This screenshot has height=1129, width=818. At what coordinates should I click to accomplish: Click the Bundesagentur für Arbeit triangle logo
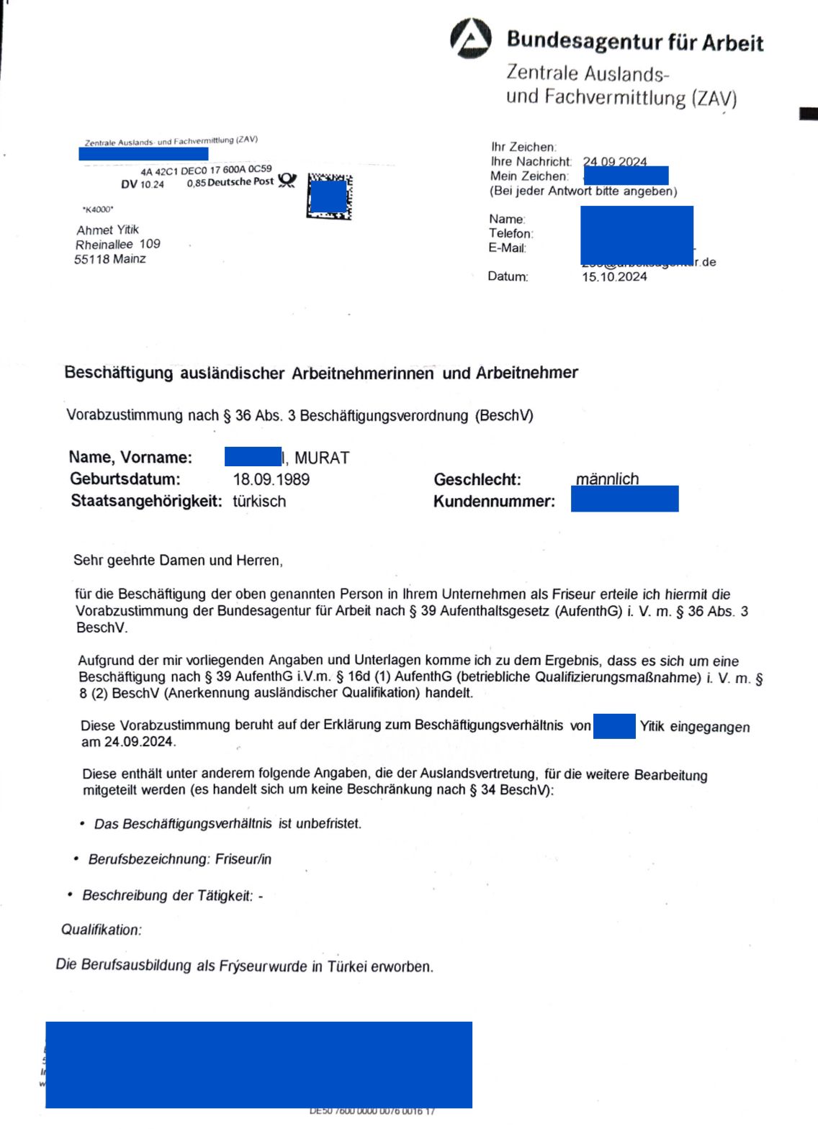click(x=471, y=38)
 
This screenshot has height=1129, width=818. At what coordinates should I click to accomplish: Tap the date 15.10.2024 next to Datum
click(x=614, y=277)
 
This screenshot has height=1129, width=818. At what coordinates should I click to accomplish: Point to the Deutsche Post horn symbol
click(x=287, y=180)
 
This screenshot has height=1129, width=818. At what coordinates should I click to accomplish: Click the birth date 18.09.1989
click(x=271, y=479)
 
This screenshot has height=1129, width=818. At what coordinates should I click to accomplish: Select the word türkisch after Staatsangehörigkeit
click(x=259, y=502)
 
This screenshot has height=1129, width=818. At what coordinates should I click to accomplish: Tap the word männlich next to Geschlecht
click(x=607, y=479)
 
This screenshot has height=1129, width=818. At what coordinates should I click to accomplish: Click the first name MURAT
click(x=322, y=458)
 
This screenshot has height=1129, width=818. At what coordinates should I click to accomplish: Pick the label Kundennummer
click(x=494, y=502)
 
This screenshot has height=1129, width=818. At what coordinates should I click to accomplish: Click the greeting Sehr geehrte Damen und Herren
click(x=178, y=561)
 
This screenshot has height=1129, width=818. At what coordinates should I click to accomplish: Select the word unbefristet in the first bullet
click(x=331, y=823)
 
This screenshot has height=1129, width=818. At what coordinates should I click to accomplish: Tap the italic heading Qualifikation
click(x=102, y=930)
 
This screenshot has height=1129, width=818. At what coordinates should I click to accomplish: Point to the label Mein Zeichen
click(x=529, y=176)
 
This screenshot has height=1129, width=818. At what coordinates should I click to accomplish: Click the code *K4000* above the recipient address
click(x=97, y=209)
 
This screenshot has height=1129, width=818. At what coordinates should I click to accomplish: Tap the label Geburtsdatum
click(x=125, y=479)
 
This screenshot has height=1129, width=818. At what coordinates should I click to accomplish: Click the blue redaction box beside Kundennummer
click(x=624, y=499)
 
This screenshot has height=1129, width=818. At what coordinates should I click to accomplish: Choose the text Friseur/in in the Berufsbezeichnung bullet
click(x=241, y=859)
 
